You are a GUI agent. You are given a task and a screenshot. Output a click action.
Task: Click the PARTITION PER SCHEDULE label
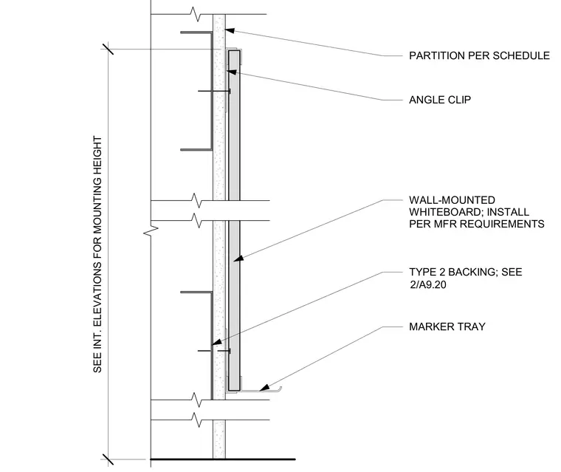pos(479,55)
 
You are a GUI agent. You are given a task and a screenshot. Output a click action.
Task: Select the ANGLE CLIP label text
pos(440,100)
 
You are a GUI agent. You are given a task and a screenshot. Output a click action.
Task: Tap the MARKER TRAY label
pos(447,326)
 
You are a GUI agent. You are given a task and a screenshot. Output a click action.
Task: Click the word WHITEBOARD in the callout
pos(445,212)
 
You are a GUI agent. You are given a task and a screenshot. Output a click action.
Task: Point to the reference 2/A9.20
pos(428,284)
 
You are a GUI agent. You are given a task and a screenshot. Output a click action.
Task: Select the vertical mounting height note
pos(97,254)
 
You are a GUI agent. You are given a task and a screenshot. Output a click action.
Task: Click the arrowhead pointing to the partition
pos(230,31)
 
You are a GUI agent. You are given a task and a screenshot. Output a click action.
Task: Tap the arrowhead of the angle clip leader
pos(232,72)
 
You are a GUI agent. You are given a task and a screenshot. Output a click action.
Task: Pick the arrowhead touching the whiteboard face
pos(238,259)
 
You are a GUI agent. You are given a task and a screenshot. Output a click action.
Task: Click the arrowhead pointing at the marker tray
pos(264,388)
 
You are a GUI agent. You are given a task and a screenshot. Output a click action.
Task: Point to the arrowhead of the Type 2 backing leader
pos(216,342)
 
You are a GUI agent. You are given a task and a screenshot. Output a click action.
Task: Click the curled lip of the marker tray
pos(279,389)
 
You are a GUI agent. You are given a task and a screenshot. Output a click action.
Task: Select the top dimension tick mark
pos(108,49)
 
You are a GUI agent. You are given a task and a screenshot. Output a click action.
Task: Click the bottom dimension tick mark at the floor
pos(108,459)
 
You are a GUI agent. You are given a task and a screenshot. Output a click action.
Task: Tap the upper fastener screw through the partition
pos(214,91)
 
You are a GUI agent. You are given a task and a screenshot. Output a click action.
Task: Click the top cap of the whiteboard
pos(234,50)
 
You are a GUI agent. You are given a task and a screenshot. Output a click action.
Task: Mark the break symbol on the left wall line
pos(151,231)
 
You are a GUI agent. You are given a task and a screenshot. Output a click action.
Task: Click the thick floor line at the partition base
pos(223,459)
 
